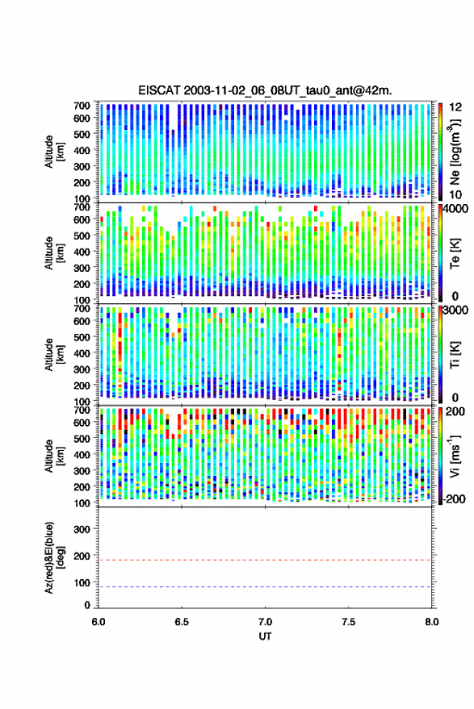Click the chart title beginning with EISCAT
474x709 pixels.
click(266, 90)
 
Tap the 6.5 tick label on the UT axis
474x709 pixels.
click(182, 622)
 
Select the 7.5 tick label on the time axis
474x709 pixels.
click(348, 622)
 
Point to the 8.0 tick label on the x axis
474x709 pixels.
click(431, 622)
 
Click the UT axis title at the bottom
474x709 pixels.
click(265, 636)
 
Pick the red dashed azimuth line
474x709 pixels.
click(265, 560)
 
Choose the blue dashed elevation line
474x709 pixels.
click(265, 587)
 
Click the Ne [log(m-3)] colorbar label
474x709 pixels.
click(455, 152)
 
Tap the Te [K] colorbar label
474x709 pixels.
click(455, 253)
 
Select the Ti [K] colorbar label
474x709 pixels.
click(455, 356)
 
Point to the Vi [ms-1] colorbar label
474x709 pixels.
click(455, 456)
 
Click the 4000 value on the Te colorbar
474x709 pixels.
click(455, 208)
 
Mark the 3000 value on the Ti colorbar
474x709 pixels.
click(455, 311)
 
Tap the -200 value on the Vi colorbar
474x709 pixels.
click(454, 499)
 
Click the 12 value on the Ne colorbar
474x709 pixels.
click(455, 107)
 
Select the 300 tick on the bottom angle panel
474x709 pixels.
click(82, 529)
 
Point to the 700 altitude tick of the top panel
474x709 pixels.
click(82, 106)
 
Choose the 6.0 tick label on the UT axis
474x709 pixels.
click(99, 622)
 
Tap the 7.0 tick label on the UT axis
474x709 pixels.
click(265, 622)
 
